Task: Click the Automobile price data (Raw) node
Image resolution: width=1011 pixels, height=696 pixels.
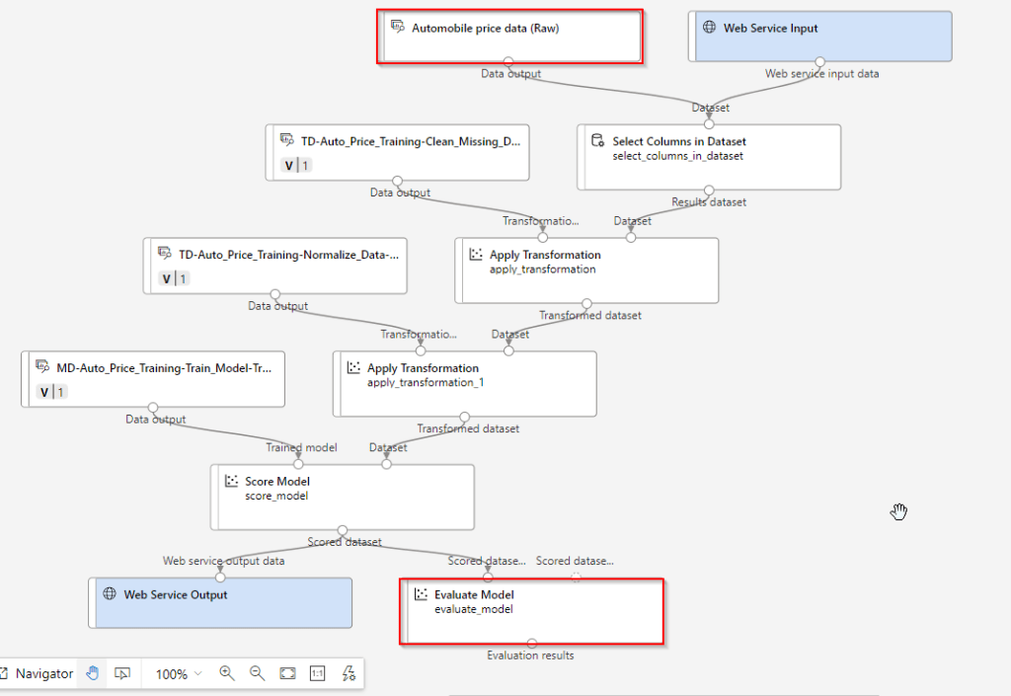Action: [x=509, y=38]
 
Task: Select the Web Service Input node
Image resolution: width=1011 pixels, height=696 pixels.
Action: [x=819, y=37]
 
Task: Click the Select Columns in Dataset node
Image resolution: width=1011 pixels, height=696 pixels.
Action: [x=709, y=156]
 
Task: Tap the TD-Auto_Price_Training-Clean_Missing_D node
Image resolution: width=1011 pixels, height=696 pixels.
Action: [x=397, y=152]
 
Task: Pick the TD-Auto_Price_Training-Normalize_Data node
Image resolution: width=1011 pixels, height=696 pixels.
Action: [x=274, y=266]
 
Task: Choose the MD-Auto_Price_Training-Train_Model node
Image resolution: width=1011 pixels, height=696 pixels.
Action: [x=153, y=379]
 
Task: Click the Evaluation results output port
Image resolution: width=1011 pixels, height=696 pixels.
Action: [x=531, y=644]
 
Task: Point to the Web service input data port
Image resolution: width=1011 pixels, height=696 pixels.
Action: [x=820, y=61]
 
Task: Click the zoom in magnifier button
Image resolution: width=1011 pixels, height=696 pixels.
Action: [x=227, y=673]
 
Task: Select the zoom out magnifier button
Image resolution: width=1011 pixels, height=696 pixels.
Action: [x=258, y=673]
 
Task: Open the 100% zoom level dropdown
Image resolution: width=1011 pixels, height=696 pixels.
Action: [x=178, y=673]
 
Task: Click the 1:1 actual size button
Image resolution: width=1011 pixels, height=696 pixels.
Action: [x=318, y=673]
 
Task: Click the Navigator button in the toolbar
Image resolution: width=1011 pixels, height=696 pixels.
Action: [x=37, y=673]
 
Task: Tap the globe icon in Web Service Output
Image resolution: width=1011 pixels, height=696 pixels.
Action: [x=111, y=594]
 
